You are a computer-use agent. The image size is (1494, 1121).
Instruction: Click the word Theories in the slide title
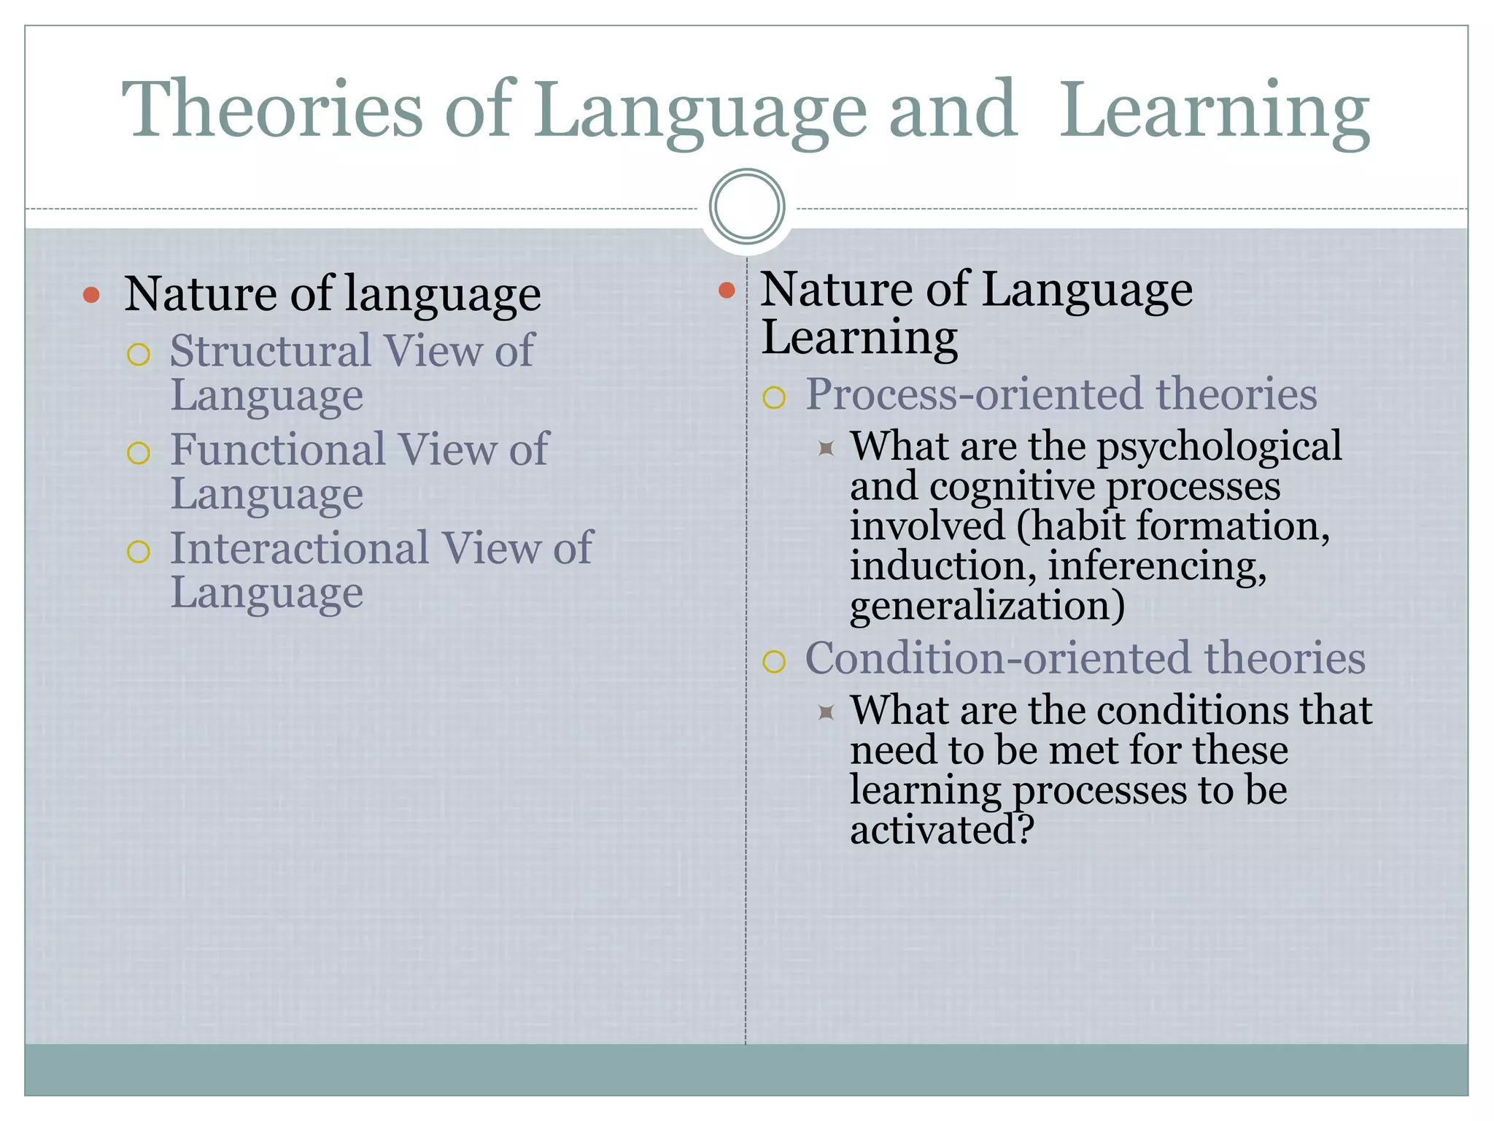(x=272, y=109)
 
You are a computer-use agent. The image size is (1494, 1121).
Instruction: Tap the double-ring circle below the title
(x=747, y=207)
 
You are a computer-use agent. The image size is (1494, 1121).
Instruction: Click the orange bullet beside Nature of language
(x=91, y=295)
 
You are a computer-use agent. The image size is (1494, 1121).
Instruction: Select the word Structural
(x=270, y=351)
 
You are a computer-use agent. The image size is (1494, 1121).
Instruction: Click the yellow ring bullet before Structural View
(x=139, y=355)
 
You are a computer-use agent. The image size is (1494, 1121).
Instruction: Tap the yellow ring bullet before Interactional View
(x=139, y=552)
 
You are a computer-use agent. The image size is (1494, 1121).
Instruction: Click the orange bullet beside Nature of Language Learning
(x=727, y=290)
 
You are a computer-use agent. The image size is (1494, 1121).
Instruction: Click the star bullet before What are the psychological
(x=826, y=448)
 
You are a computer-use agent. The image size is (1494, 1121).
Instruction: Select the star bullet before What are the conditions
(x=826, y=712)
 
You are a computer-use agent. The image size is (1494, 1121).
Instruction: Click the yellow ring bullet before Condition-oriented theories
(x=774, y=662)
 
